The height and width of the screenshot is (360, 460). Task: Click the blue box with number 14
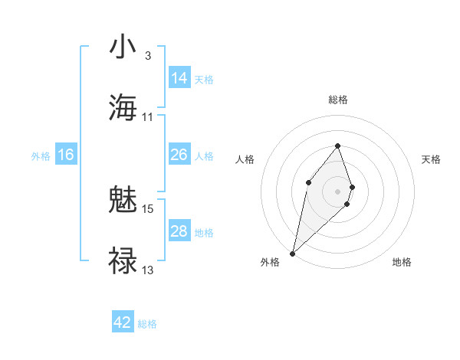point(179,77)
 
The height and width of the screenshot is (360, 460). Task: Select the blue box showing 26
point(179,155)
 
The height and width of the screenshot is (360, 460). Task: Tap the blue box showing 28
point(179,231)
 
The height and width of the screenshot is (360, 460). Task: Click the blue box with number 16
point(66,155)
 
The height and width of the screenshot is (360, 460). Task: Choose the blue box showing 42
point(123,322)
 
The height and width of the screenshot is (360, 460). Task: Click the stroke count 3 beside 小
point(147,56)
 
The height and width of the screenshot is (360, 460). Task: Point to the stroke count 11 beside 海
point(148,117)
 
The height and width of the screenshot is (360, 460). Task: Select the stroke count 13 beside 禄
point(148,270)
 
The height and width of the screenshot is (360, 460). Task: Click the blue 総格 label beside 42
point(147,324)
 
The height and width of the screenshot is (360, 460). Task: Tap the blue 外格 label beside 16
point(41,156)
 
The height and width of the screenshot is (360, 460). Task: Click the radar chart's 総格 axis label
point(338,100)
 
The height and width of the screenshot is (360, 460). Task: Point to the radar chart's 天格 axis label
point(431,159)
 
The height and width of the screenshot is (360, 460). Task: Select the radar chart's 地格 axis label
point(402,262)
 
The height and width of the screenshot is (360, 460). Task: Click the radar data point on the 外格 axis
point(292,253)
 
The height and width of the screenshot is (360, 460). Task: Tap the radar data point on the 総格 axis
point(337,146)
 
